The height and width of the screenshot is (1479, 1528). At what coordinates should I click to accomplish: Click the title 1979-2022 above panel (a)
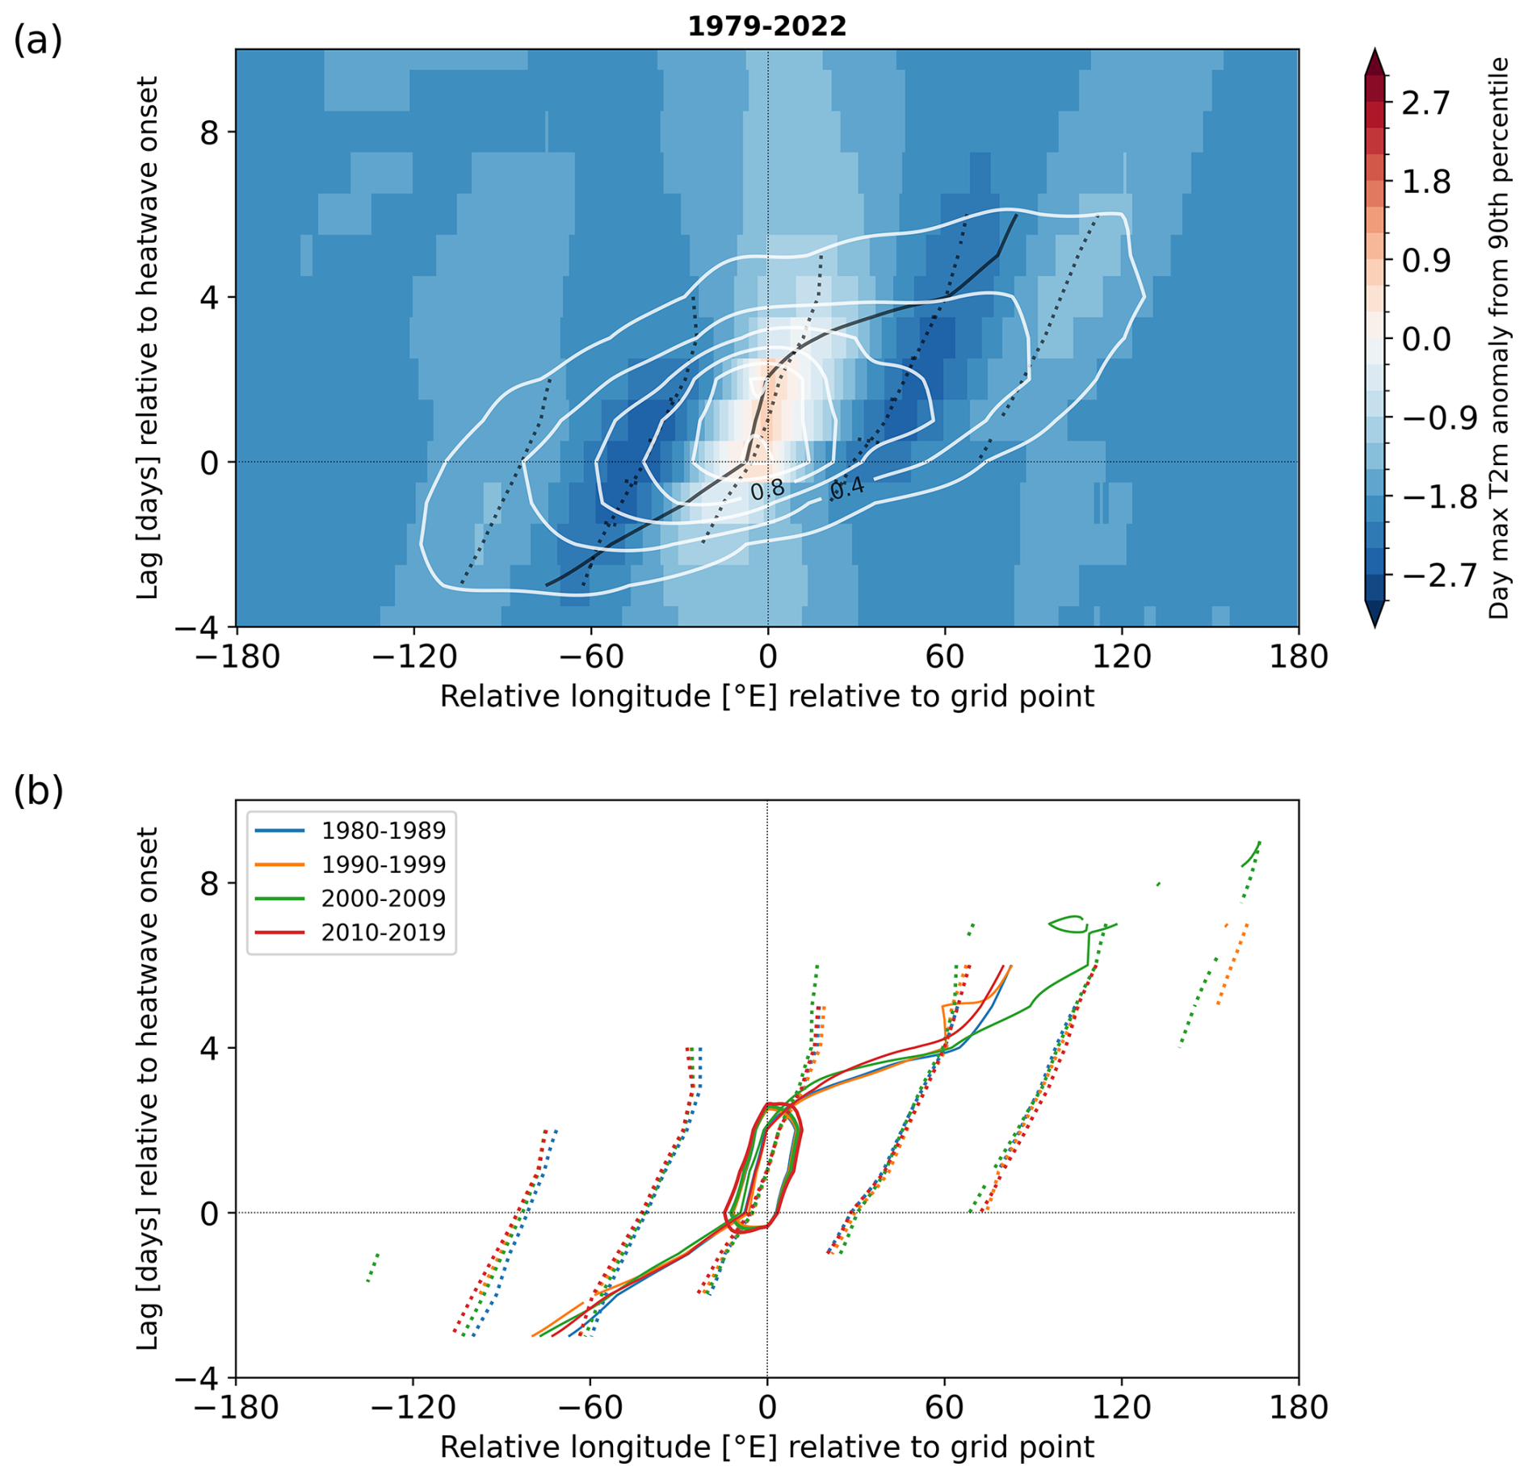coord(766,27)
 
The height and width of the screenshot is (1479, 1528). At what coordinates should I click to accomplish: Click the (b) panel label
coord(37,791)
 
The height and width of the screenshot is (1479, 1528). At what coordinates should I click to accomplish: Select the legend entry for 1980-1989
coord(383,830)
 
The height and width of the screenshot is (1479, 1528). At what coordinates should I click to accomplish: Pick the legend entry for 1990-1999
coord(383,864)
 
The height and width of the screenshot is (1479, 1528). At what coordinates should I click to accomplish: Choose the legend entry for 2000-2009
coord(383,898)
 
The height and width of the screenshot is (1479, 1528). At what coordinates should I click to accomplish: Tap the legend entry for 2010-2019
coord(383,932)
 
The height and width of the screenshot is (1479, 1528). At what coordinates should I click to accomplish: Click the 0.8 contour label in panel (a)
coord(767,489)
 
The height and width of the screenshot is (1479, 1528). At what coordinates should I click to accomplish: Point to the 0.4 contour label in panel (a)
coord(847,487)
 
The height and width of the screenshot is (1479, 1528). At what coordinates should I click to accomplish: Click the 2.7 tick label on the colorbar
coord(1425,104)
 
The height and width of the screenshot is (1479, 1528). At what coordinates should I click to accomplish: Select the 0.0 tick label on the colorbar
coord(1425,339)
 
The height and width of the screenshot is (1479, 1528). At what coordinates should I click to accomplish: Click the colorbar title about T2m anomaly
coord(1499,337)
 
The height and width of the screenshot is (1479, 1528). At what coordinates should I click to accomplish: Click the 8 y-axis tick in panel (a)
coord(209,132)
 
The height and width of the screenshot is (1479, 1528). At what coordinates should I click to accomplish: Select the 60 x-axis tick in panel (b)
coord(944,1407)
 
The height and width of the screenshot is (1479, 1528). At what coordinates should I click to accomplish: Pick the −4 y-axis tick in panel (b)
coord(198,1378)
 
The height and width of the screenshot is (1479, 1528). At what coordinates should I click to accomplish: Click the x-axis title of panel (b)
coord(766,1447)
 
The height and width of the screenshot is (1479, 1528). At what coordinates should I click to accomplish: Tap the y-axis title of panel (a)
coord(147,337)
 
